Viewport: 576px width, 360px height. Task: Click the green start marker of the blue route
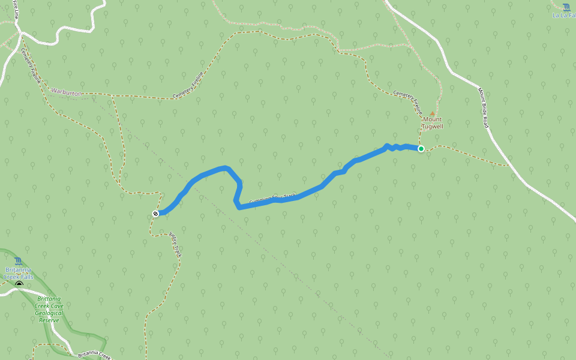pyautogui.click(x=421, y=149)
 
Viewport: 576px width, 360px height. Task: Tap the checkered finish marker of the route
pyautogui.click(x=155, y=214)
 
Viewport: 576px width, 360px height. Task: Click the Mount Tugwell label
pyautogui.click(x=432, y=123)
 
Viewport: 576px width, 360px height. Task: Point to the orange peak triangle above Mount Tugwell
pyautogui.click(x=432, y=113)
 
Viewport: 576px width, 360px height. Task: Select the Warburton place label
pyautogui.click(x=65, y=92)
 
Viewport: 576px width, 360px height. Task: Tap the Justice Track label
pyautogui.click(x=175, y=245)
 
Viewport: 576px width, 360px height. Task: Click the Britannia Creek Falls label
pyautogui.click(x=19, y=273)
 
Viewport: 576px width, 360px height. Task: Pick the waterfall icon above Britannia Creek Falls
pyautogui.click(x=19, y=261)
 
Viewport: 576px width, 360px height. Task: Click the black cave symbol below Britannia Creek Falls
pyautogui.click(x=19, y=284)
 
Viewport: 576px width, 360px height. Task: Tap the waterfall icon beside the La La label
pyautogui.click(x=567, y=7)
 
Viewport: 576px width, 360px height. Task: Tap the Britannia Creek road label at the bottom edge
pyautogui.click(x=94, y=355)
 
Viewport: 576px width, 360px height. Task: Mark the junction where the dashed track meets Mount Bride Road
pyautogui.click(x=509, y=164)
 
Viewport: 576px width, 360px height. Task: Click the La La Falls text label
pyautogui.click(x=564, y=16)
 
